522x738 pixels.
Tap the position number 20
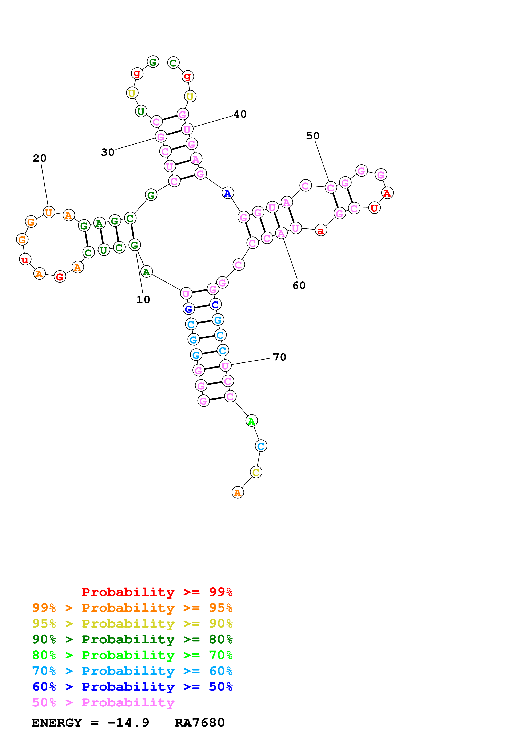point(40,158)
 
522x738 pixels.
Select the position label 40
point(240,114)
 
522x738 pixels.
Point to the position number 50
point(313,136)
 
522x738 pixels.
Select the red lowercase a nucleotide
point(321,230)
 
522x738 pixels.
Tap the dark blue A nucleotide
point(228,193)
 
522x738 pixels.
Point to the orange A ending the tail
point(238,492)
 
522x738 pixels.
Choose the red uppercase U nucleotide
point(374,208)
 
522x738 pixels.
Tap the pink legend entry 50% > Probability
point(103,703)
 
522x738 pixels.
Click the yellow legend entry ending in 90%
point(132,624)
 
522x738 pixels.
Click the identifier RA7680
point(199,723)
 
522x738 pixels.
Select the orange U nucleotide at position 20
point(49,212)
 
